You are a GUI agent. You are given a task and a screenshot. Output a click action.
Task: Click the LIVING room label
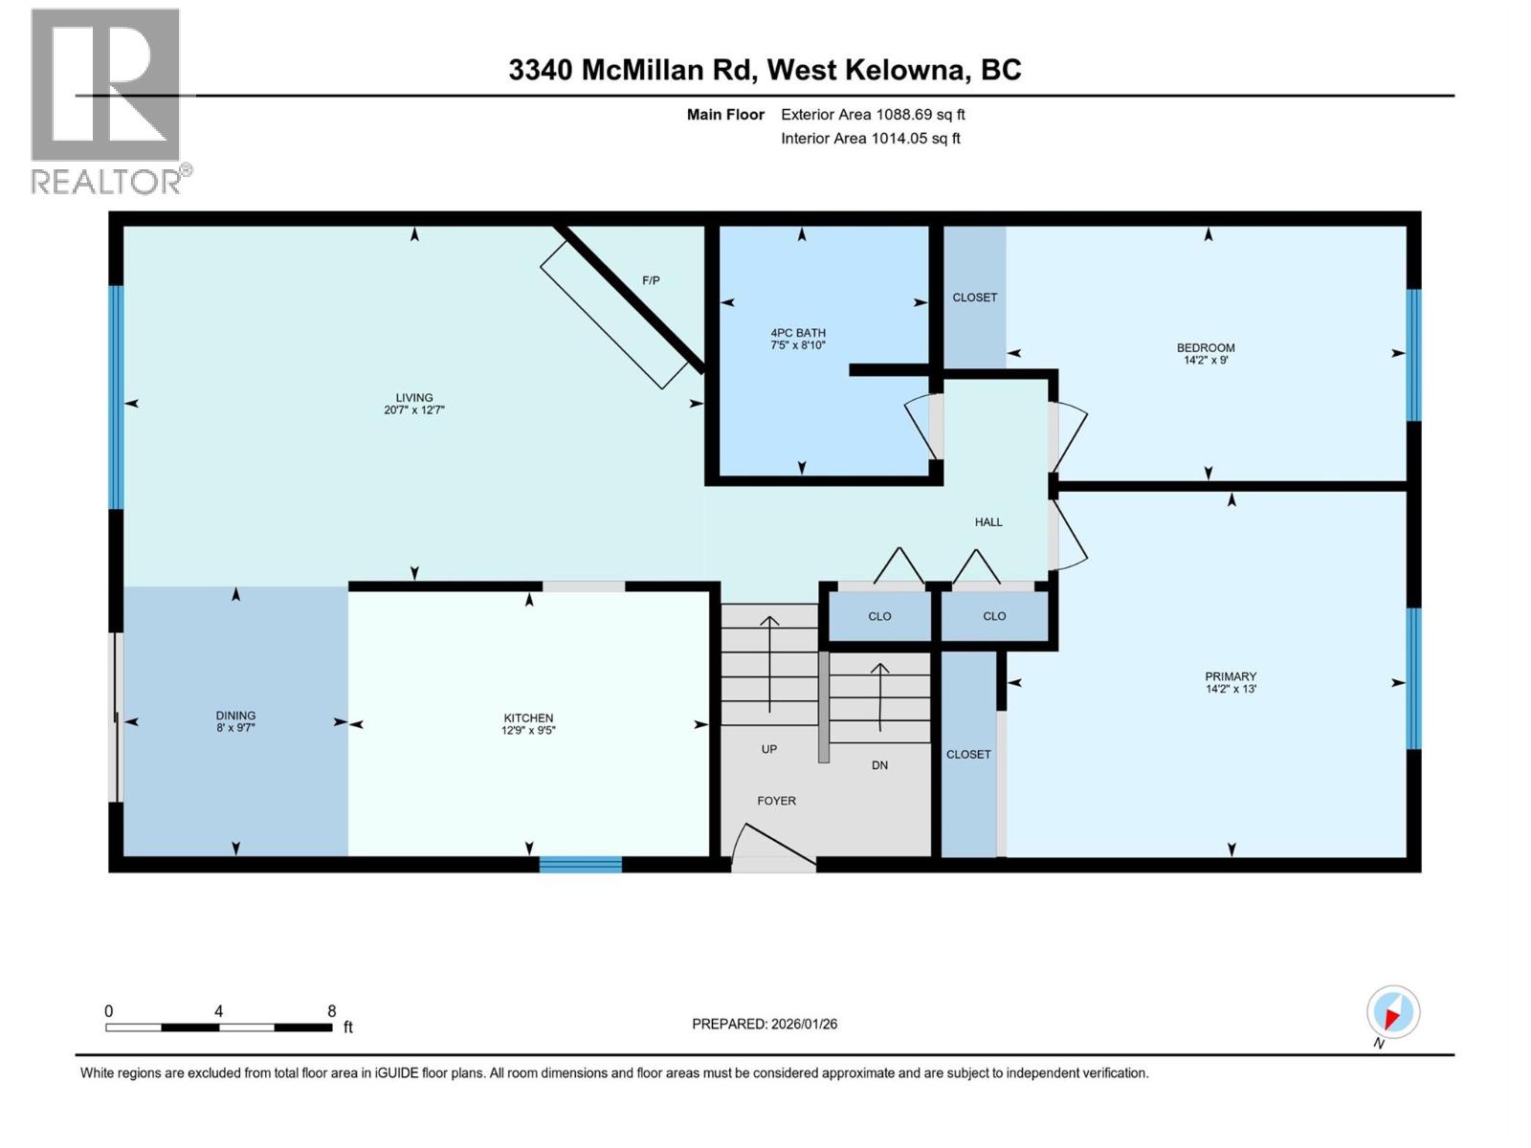414,398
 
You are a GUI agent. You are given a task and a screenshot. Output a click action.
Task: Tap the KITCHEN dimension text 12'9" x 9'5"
528,731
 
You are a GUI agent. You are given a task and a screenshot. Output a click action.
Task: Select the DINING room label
235,716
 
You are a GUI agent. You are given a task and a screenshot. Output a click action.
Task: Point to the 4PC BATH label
798,333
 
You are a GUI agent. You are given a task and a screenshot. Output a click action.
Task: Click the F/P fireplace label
651,280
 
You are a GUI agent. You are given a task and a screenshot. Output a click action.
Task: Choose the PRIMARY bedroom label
1231,676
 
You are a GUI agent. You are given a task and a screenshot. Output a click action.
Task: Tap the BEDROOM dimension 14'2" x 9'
1206,361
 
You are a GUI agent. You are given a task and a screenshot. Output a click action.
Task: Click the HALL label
988,522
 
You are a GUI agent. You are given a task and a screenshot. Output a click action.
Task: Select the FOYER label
776,801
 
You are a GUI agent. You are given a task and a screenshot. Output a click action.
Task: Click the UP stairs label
769,749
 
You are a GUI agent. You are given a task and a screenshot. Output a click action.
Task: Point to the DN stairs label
879,765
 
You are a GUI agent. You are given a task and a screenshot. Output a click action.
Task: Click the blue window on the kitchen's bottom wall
581,865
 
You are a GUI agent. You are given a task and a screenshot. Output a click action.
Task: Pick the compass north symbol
1392,1012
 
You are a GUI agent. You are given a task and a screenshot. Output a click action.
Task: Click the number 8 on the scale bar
332,1011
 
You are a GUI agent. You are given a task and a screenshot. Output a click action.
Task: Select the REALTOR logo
107,100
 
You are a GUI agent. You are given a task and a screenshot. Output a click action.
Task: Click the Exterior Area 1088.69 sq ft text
873,115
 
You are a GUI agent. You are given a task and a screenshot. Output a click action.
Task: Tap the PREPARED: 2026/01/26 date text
765,1024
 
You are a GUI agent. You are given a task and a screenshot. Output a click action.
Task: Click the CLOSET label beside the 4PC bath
974,298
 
